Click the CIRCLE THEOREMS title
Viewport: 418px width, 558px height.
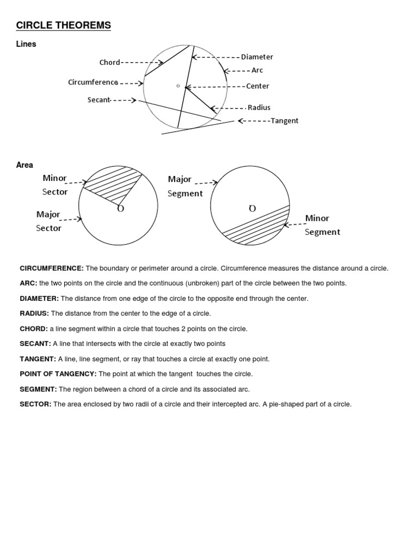pyautogui.click(x=64, y=25)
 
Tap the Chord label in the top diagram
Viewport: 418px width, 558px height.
pyautogui.click(x=109, y=62)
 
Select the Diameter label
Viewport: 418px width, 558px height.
pyautogui.click(x=257, y=57)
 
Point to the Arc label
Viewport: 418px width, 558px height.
pyautogui.click(x=257, y=70)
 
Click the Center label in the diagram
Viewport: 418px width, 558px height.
pyautogui.click(x=257, y=86)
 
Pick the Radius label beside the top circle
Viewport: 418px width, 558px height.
pyautogui.click(x=259, y=107)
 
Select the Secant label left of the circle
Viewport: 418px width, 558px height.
pyautogui.click(x=99, y=100)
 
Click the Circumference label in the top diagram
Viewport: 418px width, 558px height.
pyautogui.click(x=93, y=82)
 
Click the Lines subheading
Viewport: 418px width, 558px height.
pyautogui.click(x=26, y=44)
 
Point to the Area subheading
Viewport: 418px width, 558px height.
pyautogui.click(x=24, y=165)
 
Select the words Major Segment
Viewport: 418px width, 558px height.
pyautogui.click(x=185, y=186)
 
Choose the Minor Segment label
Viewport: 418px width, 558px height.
pyautogui.click(x=322, y=225)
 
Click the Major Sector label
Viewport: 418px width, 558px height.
pyautogui.click(x=48, y=221)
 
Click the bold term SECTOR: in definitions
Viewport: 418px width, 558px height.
pyautogui.click(x=35, y=404)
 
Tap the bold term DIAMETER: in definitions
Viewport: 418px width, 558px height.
pyautogui.click(x=39, y=299)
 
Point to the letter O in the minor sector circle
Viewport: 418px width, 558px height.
pyautogui.click(x=120, y=209)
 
